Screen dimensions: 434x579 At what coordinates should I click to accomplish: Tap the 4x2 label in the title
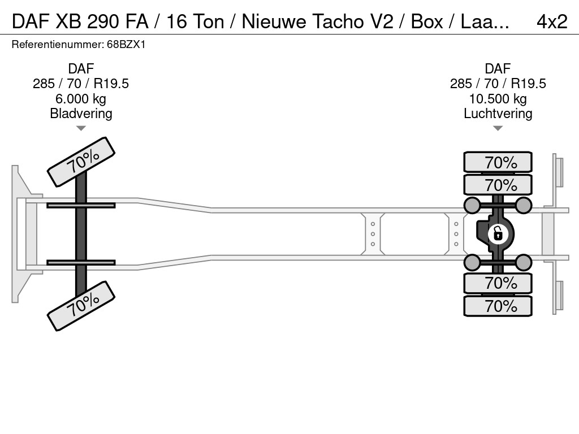[551, 21]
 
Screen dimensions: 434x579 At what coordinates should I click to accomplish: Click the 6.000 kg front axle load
[81, 99]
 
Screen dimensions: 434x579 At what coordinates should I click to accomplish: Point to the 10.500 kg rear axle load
[498, 99]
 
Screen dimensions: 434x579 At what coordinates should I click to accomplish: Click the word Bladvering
[81, 114]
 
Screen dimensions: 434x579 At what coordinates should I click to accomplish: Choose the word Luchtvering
[498, 114]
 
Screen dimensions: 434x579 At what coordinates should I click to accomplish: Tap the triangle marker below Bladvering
[81, 128]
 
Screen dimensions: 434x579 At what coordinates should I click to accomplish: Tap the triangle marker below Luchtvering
[498, 128]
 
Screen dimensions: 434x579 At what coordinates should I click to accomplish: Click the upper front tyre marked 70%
[81, 162]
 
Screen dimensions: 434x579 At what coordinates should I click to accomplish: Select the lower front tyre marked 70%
[81, 305]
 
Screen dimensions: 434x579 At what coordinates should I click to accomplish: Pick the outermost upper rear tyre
[498, 162]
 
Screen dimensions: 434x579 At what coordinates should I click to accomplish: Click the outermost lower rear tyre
[498, 306]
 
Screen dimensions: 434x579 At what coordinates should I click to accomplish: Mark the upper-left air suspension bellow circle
[472, 205]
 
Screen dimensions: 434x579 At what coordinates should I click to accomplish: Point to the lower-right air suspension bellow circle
[524, 262]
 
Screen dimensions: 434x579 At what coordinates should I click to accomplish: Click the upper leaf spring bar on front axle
[81, 205]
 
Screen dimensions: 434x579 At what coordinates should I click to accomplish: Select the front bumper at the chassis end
[20, 233]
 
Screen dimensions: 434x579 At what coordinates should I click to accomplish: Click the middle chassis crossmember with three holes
[373, 233]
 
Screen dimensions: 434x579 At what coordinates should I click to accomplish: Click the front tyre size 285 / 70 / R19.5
[81, 84]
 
